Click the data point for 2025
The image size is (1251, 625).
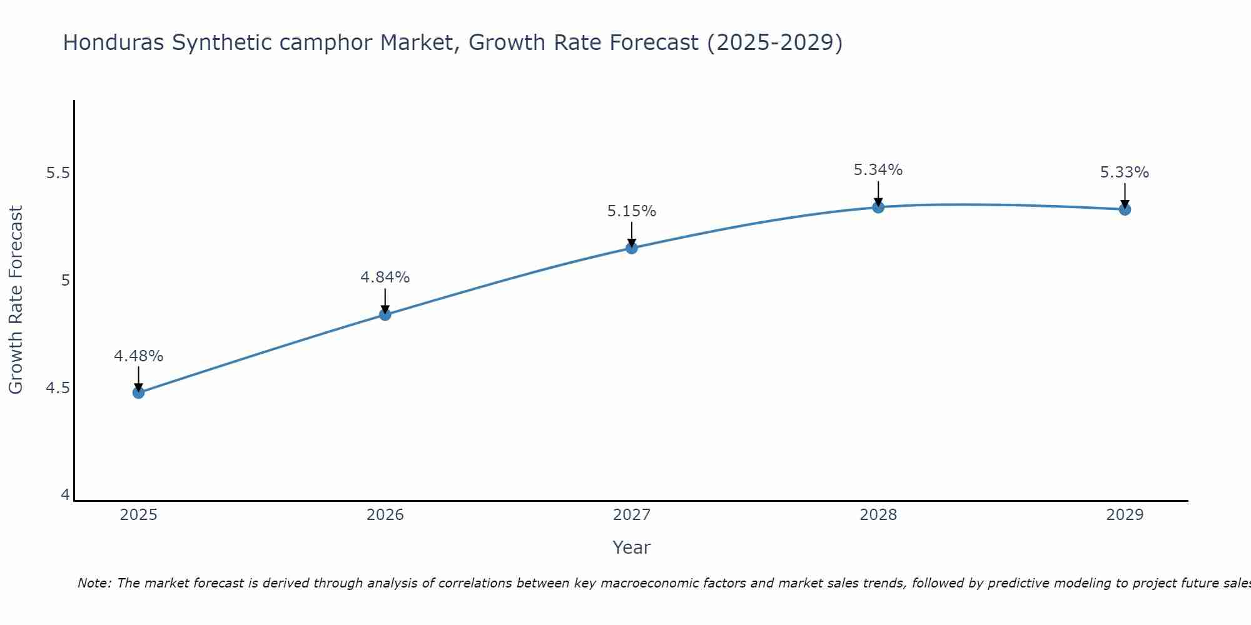[x=138, y=392]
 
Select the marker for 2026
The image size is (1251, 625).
[x=385, y=314]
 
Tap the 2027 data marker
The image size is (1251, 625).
[x=632, y=248]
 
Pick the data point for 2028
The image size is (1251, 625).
[x=878, y=207]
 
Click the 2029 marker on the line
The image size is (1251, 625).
[x=1125, y=209]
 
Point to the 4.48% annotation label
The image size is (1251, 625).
[x=138, y=356]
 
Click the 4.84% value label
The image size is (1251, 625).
[x=385, y=277]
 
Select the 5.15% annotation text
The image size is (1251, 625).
[x=632, y=211]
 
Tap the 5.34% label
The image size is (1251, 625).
[x=878, y=170]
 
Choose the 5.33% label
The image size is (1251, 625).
[x=1125, y=172]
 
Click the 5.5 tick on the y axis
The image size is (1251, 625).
[x=58, y=173]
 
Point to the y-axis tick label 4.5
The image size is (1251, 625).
[x=58, y=388]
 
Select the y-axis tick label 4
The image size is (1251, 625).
[x=65, y=495]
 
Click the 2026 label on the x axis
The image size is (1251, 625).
[x=385, y=515]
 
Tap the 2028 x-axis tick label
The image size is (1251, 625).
[x=878, y=515]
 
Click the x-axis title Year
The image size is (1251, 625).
[x=632, y=547]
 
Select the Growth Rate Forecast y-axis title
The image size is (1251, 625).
[x=16, y=300]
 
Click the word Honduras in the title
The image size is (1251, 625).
[x=113, y=43]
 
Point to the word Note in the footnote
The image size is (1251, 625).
[x=93, y=583]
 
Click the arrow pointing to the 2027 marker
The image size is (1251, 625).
[x=632, y=234]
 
